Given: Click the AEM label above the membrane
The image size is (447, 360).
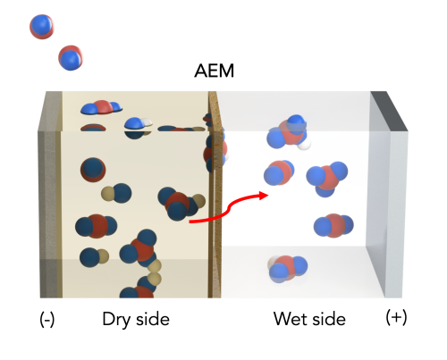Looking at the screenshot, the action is (214, 71).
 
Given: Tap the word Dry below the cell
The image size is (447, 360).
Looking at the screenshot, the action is (116, 321).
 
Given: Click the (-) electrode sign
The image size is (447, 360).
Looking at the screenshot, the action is (47, 320).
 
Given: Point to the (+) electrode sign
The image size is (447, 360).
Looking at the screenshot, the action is (396, 317).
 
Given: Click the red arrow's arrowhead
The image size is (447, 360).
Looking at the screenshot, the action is (264, 196).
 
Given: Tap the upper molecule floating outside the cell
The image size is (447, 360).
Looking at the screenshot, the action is (42, 27).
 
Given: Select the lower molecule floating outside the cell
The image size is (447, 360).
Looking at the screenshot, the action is (71, 58).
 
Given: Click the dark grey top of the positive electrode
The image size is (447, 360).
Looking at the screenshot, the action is (389, 111).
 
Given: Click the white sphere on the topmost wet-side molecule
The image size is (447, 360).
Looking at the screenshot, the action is (304, 144).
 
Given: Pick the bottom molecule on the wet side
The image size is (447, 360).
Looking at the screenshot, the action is (287, 268).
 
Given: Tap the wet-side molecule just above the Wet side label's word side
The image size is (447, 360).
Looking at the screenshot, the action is (333, 225).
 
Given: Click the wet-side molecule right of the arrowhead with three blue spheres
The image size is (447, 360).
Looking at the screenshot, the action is (327, 178).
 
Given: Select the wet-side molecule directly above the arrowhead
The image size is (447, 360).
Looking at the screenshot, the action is (279, 172).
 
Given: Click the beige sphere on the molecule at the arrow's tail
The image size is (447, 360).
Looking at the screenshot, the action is (198, 201).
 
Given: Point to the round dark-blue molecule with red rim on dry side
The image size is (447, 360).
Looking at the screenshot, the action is (93, 170).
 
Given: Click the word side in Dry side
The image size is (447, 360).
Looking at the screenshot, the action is (153, 319).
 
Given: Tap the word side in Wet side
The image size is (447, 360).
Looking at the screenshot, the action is (328, 319).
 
